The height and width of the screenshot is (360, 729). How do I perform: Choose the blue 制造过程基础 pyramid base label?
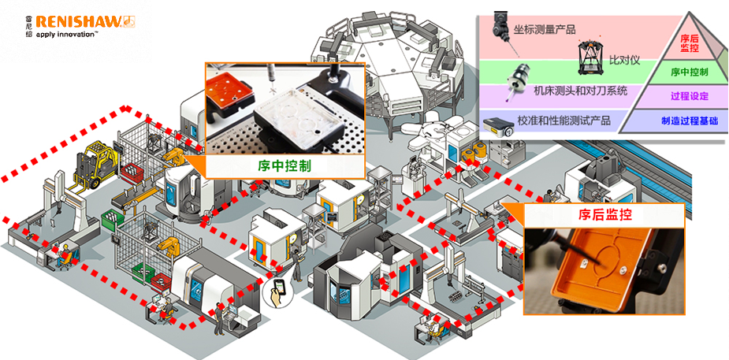coord(689,121)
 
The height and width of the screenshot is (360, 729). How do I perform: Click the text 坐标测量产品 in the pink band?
coord(544,29)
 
